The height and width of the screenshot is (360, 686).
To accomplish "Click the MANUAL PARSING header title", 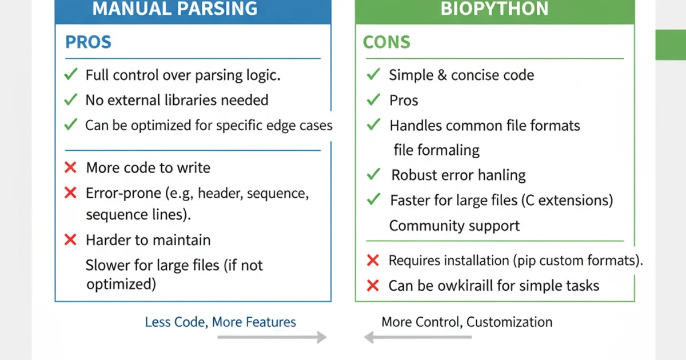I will click(175, 9).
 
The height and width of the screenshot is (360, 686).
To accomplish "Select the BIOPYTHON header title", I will click(494, 9).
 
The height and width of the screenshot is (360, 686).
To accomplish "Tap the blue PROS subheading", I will click(88, 42).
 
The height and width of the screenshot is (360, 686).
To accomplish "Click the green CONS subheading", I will click(386, 42).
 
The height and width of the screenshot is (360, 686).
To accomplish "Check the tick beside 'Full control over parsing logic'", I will click(71, 74).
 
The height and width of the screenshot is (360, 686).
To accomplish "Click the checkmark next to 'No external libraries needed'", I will click(71, 99).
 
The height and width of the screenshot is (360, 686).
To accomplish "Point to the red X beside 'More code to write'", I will click(71, 167).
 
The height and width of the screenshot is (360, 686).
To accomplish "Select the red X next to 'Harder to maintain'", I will click(71, 240).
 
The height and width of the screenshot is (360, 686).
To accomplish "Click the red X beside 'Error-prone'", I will click(71, 193).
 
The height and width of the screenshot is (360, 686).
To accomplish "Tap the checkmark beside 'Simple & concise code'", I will click(373, 74).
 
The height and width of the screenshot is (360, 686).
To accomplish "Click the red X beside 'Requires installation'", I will click(373, 261).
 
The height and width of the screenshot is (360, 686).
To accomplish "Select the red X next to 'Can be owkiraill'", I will click(373, 286).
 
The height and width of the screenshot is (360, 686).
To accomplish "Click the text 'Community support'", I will click(454, 226).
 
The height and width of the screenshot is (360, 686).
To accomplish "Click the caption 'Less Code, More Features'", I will click(220, 322).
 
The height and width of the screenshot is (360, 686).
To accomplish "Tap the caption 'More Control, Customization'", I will click(466, 322).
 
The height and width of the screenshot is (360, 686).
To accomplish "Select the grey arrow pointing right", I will click(272, 338).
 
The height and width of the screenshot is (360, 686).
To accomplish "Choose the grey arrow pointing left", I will click(418, 338).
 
